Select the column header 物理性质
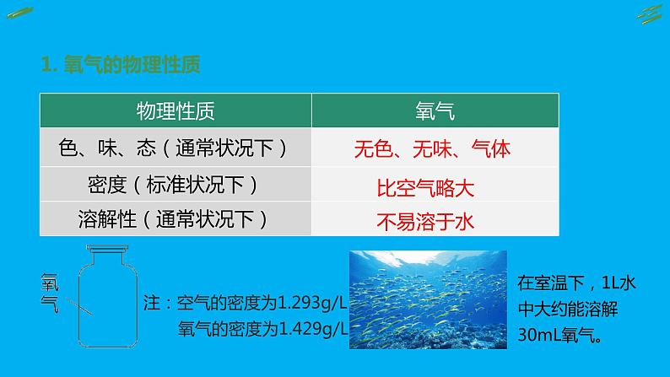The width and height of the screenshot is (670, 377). (x=176, y=110)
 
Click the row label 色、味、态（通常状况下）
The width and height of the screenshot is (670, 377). (x=175, y=148)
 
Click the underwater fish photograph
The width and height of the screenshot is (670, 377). (x=429, y=300)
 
